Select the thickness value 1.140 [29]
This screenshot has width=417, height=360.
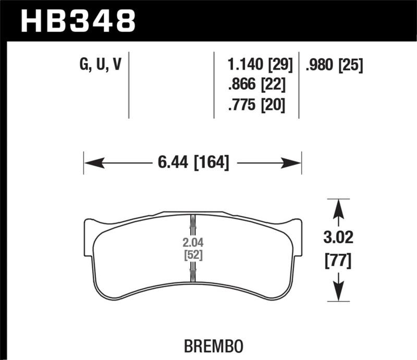pos(260,65)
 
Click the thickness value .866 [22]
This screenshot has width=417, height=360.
pos(256,85)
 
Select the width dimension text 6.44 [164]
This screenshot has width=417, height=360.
pos(193,163)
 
